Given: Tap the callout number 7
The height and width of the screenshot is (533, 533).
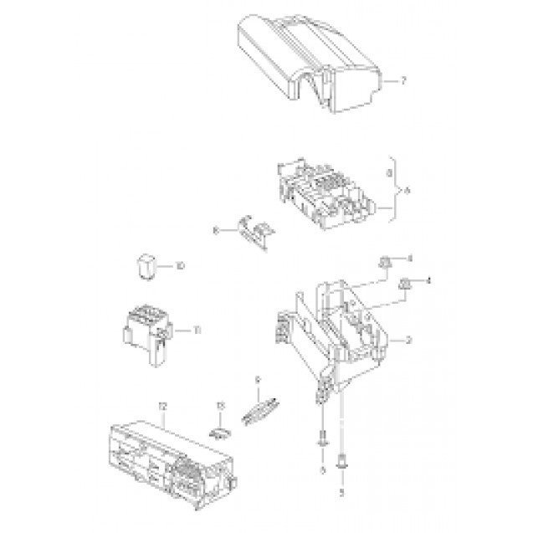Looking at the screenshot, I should pos(402,81).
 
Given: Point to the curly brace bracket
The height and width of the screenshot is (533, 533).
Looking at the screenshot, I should pos(393,192).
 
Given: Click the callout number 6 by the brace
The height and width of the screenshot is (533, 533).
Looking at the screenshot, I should pos(407,192).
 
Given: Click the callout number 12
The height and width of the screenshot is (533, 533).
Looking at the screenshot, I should pos(163,407).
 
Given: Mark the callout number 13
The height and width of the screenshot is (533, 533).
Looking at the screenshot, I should pos(220,407).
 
